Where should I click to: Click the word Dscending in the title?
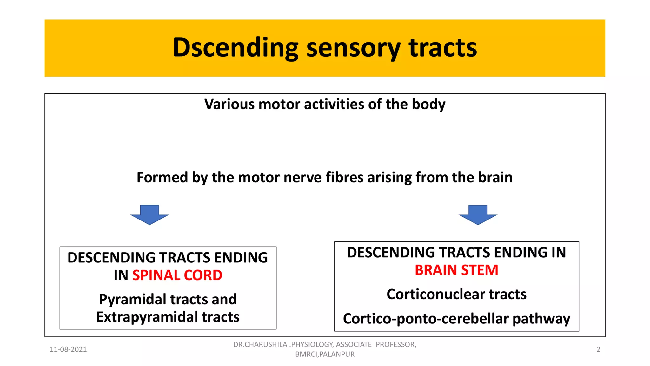pos(235,48)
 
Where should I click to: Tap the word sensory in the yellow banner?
pos(353,48)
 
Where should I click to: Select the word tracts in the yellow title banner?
pos(442,48)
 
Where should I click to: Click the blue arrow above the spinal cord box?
pos(149,215)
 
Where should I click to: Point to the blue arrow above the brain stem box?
pos(478,215)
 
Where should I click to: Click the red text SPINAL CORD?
pos(177,275)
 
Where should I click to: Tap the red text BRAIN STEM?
pos(456,270)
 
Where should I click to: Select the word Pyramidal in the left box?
pos(133,299)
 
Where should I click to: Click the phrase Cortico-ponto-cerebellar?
pos(426,319)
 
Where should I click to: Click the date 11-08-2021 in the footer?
pos(68,349)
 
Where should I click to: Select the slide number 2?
pos(598,349)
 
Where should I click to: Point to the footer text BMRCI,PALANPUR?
pos(325,354)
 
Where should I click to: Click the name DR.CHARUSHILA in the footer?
pos(260,345)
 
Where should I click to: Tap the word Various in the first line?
pos(229,104)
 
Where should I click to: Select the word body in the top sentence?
pos(428,104)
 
